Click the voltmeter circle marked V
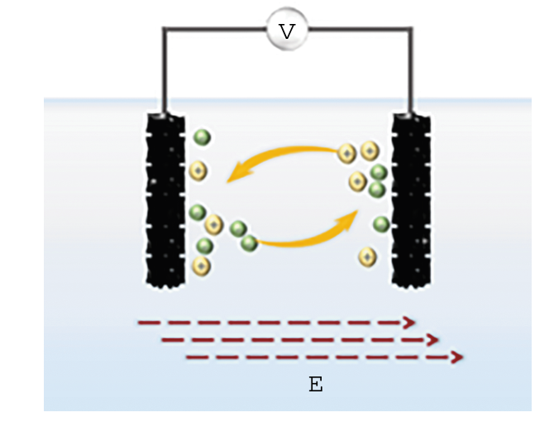tap(286, 31)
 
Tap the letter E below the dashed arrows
tap(315, 385)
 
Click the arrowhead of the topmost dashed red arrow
tap(408, 323)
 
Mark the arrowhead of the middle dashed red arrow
tap(432, 339)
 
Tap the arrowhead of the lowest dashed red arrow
tap(456, 357)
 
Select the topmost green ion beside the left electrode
tap(202, 137)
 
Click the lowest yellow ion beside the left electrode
tap(201, 266)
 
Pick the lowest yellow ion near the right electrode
tap(366, 257)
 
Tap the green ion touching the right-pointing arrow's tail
tap(249, 242)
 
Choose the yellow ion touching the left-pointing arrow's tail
tap(347, 152)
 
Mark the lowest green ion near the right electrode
tap(381, 223)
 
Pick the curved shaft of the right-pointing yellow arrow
tap(302, 241)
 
